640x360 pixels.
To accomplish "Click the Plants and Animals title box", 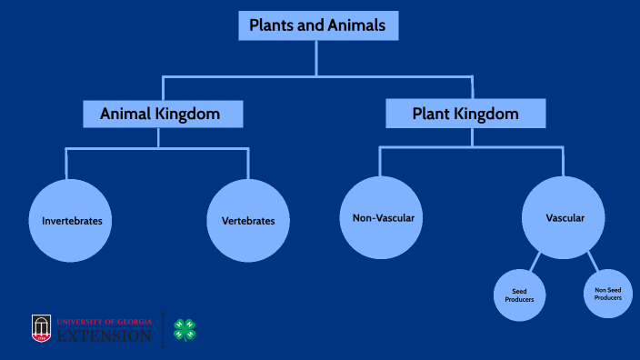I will [317, 25].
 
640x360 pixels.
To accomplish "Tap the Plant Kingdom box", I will [465, 114].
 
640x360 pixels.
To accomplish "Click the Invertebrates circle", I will [71, 221].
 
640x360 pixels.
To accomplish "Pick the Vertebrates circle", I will [248, 221].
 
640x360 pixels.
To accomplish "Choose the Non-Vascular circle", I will [383, 218].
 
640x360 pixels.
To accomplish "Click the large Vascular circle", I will [564, 218].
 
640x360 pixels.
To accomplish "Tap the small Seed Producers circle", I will [520, 295].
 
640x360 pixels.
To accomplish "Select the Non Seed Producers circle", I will [608, 293].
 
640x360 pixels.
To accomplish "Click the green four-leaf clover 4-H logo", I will [185, 329].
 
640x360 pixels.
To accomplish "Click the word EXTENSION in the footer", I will [105, 336].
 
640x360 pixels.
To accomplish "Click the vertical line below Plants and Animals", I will [316, 58].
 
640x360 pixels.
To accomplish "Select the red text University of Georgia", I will [104, 322].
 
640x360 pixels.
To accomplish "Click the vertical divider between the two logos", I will [164, 329].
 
